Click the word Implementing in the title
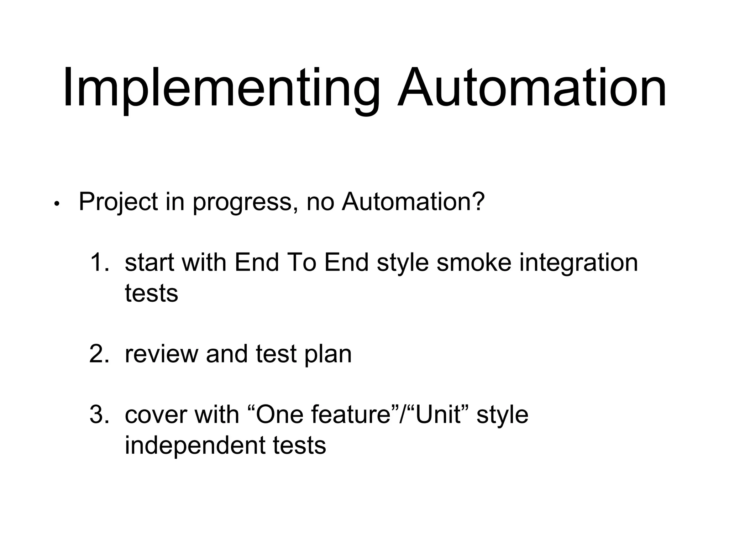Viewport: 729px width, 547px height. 221,89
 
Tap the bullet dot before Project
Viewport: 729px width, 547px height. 56,204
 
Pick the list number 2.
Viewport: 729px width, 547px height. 99,354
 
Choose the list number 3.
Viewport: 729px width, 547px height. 99,415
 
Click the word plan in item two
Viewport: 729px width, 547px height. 327,355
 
